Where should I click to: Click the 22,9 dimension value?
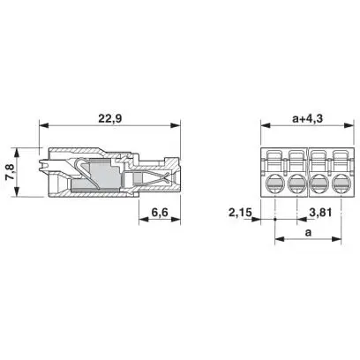click(x=109, y=119)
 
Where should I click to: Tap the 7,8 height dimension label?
click(x=10, y=172)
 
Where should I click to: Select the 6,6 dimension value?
click(x=160, y=212)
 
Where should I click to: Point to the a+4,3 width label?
click(x=308, y=119)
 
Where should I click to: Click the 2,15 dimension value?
click(x=240, y=212)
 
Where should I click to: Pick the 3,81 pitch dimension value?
click(x=320, y=212)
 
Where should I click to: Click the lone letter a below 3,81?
click(x=308, y=233)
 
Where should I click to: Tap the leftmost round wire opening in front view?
click(x=274, y=184)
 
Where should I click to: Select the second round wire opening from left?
click(x=296, y=184)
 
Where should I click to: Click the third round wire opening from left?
click(x=319, y=184)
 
